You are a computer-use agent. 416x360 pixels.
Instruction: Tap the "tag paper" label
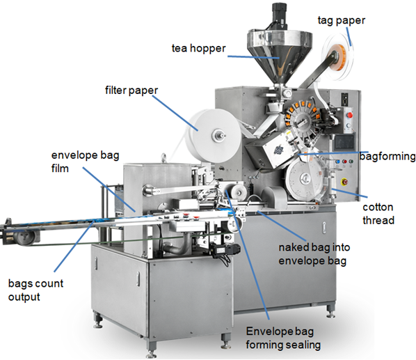point(342,20)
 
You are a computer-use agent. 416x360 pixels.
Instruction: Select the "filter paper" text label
point(131,91)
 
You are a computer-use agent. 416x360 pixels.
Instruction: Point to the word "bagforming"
point(387,156)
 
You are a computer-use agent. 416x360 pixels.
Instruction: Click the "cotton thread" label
point(378,214)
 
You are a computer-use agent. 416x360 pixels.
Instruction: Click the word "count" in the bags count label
point(49,283)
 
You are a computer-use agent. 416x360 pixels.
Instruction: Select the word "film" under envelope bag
point(60,169)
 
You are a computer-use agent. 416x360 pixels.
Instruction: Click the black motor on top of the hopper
point(279,17)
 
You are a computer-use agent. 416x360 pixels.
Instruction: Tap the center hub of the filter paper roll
point(218,136)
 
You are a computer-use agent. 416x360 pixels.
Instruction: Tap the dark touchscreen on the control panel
point(344,141)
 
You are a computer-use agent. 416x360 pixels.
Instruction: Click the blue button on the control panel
point(337,162)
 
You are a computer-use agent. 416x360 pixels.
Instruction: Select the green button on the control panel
point(351,162)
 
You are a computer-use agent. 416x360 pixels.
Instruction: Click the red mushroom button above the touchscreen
point(350,115)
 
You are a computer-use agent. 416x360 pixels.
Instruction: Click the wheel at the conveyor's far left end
point(26,237)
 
